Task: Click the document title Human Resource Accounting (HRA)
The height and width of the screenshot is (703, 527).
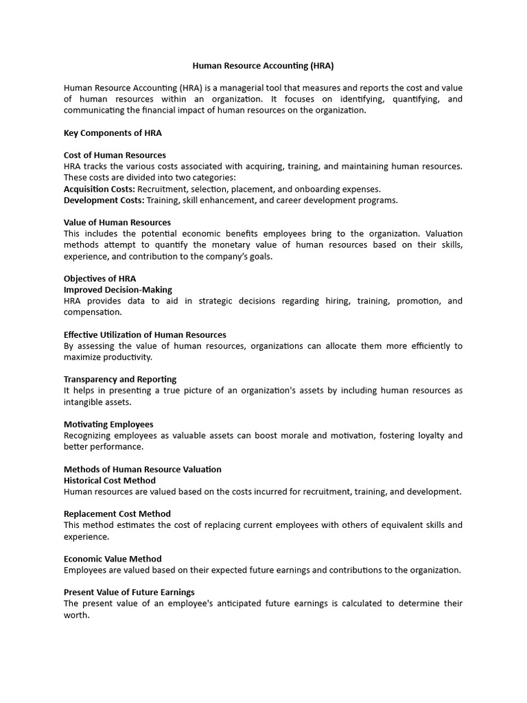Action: pyautogui.click(x=263, y=66)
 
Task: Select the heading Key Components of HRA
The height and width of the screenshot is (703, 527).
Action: pyautogui.click(x=113, y=132)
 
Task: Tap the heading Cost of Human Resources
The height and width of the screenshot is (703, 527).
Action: pyautogui.click(x=115, y=155)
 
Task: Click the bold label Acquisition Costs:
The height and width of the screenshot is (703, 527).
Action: pyautogui.click(x=99, y=189)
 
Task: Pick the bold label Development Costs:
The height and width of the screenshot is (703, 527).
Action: pyautogui.click(x=104, y=200)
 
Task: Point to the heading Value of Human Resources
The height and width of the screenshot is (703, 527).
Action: pyautogui.click(x=117, y=222)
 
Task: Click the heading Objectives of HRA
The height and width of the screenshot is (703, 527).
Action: pyautogui.click(x=99, y=279)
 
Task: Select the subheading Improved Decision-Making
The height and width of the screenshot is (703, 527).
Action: pyautogui.click(x=118, y=290)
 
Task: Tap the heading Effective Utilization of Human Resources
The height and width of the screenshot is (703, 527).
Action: pyautogui.click(x=145, y=335)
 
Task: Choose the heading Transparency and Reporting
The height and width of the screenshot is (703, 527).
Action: pyautogui.click(x=120, y=380)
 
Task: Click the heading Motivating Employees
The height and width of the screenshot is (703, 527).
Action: pyautogui.click(x=108, y=424)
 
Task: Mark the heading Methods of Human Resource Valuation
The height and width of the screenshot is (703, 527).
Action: pyautogui.click(x=143, y=470)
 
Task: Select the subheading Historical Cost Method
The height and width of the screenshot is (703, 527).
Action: pyautogui.click(x=110, y=481)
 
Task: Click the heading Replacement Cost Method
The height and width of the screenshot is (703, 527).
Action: pyautogui.click(x=117, y=514)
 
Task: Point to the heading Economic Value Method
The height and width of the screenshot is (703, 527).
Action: pyautogui.click(x=113, y=559)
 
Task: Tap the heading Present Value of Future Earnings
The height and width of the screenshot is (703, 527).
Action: pyautogui.click(x=129, y=592)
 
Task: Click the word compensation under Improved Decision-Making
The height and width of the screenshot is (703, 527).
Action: pyautogui.click(x=92, y=312)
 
